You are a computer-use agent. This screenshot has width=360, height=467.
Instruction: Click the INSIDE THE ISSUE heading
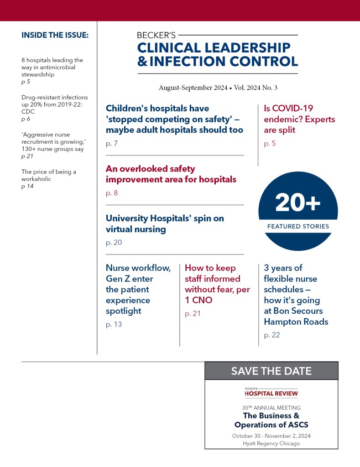55,35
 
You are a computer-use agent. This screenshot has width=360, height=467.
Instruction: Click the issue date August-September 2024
193,88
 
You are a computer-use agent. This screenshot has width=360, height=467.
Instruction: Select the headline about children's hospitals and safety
174,119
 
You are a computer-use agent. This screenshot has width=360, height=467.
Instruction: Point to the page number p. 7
112,144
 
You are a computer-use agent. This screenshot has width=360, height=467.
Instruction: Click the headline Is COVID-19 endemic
299,119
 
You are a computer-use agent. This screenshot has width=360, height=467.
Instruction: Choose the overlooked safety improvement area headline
171,174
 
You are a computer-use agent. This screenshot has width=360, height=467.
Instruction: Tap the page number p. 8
112,193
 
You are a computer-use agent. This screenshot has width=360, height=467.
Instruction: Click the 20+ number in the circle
298,203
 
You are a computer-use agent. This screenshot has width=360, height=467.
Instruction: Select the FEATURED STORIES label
298,226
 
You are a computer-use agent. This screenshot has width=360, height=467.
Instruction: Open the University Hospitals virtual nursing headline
165,223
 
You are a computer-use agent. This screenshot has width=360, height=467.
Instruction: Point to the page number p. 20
114,243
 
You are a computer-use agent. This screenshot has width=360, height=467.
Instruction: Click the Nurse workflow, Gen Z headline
138,289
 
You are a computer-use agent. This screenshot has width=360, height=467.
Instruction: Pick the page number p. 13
114,325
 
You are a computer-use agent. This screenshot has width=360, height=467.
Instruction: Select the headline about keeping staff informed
217,284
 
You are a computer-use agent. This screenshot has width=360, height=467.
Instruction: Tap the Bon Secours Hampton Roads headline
296,295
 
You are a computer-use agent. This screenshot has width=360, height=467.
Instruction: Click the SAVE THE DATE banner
271,371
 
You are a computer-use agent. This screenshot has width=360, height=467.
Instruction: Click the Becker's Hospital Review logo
271,392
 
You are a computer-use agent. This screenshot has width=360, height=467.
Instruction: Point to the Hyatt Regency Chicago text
271,443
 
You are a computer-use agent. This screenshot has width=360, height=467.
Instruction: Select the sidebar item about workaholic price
48,175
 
